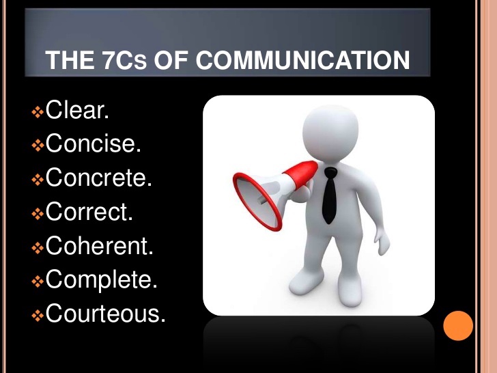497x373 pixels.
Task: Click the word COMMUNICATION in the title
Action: point(303,61)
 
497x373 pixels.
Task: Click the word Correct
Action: point(89,212)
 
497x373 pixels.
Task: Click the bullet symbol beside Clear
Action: point(38,111)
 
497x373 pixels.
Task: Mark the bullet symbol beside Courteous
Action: point(38,315)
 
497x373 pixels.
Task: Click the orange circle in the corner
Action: point(458,326)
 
